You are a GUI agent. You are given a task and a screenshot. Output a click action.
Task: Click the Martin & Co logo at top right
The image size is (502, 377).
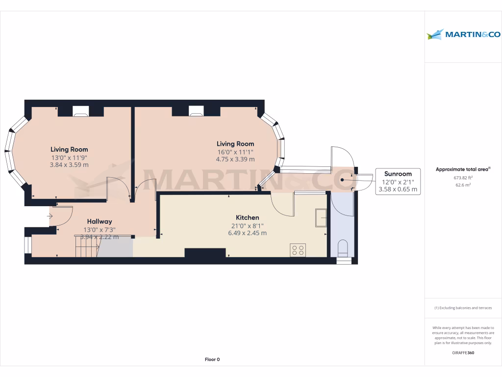pos(463,34)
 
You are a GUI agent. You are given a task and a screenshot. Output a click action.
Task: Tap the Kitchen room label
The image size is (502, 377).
pos(248,217)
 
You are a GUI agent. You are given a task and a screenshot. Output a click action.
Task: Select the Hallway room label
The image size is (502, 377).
pos(100,221)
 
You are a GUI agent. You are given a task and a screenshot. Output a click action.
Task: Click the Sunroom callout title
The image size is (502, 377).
pos(398,174)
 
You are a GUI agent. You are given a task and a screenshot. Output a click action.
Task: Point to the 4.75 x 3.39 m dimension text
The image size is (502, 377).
pos(236,159)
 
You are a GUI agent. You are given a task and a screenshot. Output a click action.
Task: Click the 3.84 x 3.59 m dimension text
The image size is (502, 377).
pos(69,165)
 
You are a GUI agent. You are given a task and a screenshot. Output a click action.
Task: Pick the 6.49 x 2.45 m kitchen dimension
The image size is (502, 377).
pos(248,233)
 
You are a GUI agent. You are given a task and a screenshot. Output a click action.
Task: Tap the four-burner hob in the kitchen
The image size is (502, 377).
pos(298,250)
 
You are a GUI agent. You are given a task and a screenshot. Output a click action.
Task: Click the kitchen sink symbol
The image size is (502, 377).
pos(322,217)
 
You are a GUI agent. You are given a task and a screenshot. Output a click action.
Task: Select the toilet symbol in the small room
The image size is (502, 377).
pos(343,247)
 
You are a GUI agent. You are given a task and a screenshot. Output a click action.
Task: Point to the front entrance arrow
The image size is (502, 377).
pos(50,215)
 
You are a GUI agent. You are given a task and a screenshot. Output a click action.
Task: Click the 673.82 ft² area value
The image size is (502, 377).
pos(463,178)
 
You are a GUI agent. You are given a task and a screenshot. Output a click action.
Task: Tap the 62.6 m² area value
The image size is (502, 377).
pos(463,186)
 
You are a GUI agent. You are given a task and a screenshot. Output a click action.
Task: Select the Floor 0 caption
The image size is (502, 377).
pos(212,359)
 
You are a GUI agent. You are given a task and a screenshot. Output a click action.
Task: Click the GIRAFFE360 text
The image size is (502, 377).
pos(463,352)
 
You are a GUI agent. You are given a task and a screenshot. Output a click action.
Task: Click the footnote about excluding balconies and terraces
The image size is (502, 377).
pos(463,308)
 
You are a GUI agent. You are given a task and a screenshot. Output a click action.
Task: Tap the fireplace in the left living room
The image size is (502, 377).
pos(80,111)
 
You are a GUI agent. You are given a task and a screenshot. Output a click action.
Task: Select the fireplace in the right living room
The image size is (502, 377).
pos(196,111)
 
